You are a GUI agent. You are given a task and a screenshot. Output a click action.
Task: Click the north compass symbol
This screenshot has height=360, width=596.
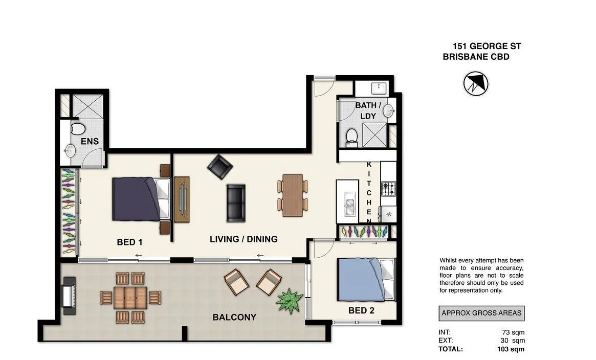tap(475, 83)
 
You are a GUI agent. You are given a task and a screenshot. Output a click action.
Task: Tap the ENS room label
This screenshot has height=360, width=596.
tap(89, 142)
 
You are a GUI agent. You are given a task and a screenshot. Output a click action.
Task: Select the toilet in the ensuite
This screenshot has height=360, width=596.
tap(78, 128)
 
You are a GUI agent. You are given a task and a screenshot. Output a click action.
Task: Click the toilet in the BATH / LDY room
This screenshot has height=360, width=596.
tap(351, 136)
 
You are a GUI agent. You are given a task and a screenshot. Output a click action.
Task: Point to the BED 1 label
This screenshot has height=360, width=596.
tap(129, 242)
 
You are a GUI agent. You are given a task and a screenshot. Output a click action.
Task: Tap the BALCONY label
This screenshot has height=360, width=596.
tap(234, 318)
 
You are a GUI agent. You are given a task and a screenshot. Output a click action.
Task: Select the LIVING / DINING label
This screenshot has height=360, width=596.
tap(244, 239)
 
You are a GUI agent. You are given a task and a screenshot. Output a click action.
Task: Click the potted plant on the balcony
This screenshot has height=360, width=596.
tap(290, 300)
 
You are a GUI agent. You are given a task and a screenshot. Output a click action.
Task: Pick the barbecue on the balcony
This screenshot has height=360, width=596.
tap(69, 296)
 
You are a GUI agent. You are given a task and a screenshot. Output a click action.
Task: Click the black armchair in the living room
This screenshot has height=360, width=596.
tap(219, 167)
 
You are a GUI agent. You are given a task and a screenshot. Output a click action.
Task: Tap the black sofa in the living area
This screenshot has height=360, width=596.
tap(236, 202)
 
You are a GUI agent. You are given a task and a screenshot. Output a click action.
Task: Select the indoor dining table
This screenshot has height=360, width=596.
tap(293, 195)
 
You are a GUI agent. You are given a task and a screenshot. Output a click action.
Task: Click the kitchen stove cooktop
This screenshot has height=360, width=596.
tap(388, 190)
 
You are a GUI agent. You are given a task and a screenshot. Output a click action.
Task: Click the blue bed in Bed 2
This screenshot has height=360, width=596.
tap(365, 280)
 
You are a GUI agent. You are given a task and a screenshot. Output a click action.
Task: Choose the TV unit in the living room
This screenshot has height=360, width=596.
tap(182, 199)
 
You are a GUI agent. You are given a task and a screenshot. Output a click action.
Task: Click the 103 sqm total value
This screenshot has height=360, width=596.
tap(513, 349)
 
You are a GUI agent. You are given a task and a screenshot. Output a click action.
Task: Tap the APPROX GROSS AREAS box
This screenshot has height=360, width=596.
tap(481, 313)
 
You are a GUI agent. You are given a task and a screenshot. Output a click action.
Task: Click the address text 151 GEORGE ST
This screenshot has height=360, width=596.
tap(487, 47)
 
